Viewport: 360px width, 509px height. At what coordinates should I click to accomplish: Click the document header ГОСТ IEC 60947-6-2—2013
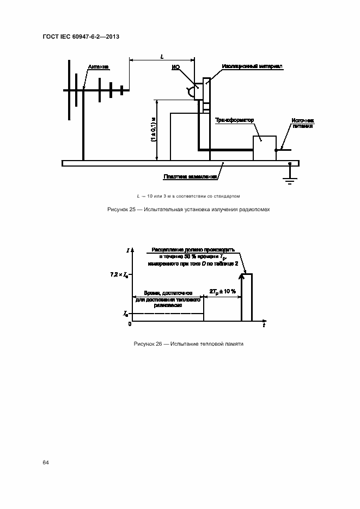[80, 36]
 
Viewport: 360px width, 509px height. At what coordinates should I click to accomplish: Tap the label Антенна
[98, 67]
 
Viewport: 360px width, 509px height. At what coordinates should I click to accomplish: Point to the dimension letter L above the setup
[162, 56]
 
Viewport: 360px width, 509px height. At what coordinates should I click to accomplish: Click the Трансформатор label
[235, 119]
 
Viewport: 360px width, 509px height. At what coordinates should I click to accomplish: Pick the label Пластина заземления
[190, 176]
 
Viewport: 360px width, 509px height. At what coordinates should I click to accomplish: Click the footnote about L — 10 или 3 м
[188, 196]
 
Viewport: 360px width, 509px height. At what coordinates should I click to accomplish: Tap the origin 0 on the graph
[130, 325]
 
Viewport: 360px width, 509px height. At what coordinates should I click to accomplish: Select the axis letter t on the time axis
[264, 326]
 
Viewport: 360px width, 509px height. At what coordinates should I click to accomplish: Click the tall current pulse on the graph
[247, 297]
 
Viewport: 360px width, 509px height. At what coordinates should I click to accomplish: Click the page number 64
[46, 462]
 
